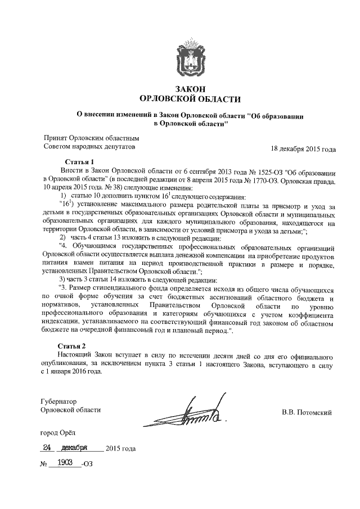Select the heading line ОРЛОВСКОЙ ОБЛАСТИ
[x=190, y=100]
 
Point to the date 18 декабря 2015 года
[x=303, y=149]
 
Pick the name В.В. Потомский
[x=307, y=412]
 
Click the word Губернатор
[x=58, y=402]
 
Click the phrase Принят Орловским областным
[x=91, y=138]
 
